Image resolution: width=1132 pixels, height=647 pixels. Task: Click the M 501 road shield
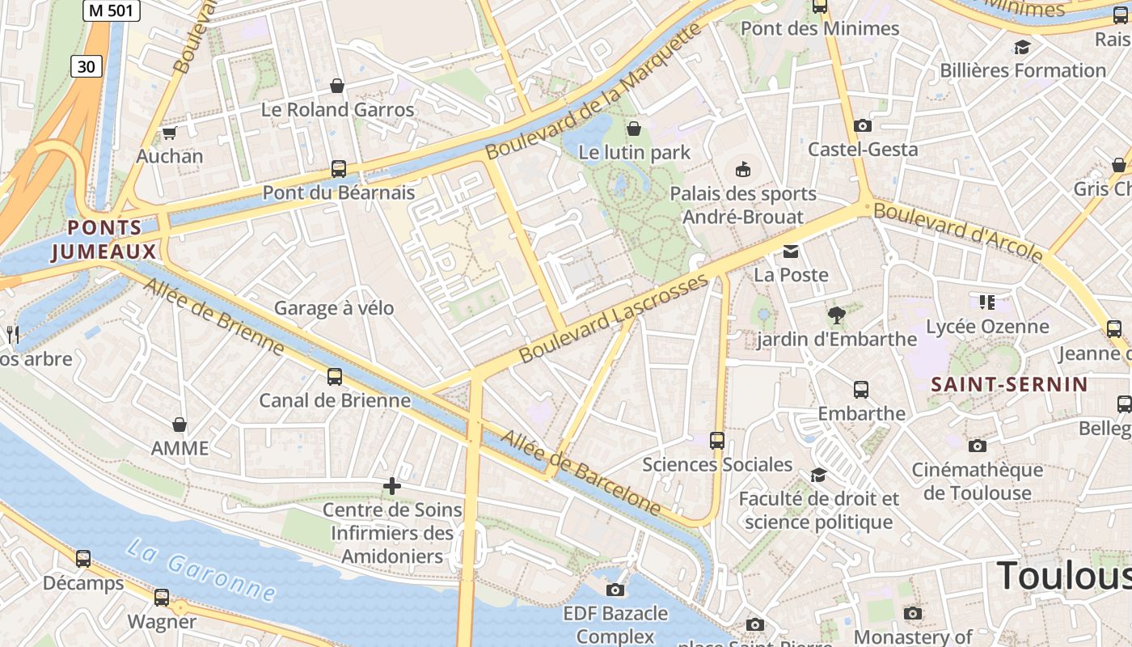(x=112, y=11)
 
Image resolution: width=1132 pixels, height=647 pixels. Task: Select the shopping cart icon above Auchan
(x=169, y=133)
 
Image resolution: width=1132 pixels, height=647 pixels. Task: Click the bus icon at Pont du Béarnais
(x=338, y=169)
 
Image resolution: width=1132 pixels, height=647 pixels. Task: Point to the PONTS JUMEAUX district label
(x=104, y=240)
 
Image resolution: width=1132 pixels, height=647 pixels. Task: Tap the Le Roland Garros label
(x=337, y=110)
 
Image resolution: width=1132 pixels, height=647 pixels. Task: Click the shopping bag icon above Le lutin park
(x=634, y=129)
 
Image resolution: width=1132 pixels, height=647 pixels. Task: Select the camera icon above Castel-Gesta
(x=863, y=126)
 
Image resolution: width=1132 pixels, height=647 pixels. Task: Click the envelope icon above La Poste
(x=791, y=252)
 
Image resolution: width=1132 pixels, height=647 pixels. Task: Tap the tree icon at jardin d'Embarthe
(x=836, y=315)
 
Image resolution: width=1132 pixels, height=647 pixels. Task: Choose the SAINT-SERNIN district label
(x=1009, y=384)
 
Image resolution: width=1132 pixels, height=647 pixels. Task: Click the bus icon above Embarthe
(x=861, y=390)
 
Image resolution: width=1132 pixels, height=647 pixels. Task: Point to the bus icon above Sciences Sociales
(x=716, y=441)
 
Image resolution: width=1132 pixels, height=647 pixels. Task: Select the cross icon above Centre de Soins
(x=392, y=486)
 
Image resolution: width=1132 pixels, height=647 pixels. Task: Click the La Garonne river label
(x=201, y=570)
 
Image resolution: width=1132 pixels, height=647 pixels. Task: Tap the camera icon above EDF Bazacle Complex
(x=615, y=590)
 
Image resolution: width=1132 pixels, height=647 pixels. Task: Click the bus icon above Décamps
(x=83, y=559)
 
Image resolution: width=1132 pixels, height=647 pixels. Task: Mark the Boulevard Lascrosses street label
(x=614, y=318)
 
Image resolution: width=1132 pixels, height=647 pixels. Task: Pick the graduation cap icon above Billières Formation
(x=1022, y=47)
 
